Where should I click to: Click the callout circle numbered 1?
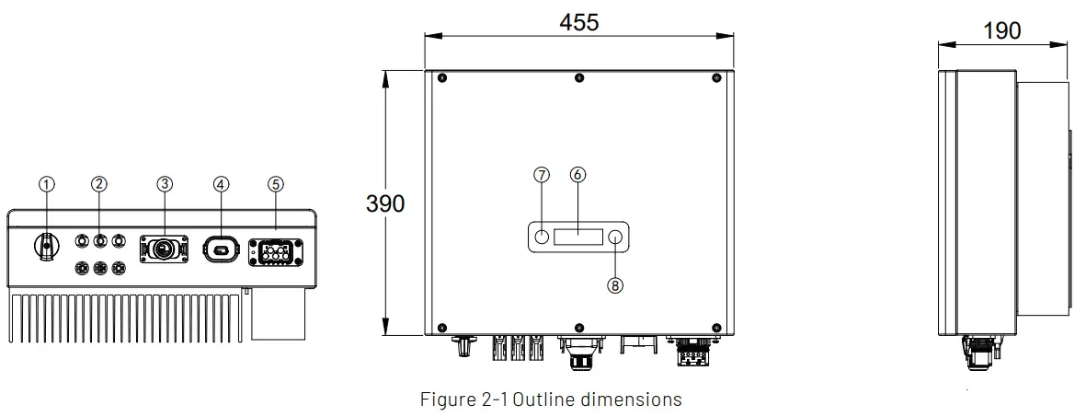tap(47, 183)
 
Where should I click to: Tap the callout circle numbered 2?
tap(99, 183)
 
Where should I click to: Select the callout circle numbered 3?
tap(165, 183)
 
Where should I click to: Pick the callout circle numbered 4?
tap(221, 183)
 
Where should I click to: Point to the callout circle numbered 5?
tap(276, 183)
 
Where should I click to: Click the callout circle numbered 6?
tap(577, 174)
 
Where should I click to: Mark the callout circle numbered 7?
tap(542, 174)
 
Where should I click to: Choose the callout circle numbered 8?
tap(615, 284)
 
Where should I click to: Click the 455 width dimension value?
tap(579, 22)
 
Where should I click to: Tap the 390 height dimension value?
tap(385, 203)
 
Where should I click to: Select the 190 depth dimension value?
tap(1001, 30)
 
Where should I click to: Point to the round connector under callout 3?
tap(165, 248)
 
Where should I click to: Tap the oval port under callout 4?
tap(221, 248)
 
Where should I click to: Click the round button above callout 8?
tap(615, 237)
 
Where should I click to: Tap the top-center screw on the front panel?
tap(578, 78)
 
